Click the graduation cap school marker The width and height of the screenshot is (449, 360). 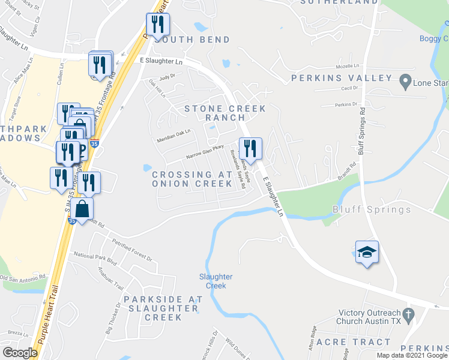367,253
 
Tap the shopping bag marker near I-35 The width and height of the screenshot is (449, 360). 84,210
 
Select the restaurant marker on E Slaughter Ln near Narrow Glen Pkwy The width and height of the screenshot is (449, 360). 250,149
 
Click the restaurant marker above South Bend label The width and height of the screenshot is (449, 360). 158,25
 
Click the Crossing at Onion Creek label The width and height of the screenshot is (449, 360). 191,178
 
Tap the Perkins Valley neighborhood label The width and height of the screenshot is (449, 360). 342,79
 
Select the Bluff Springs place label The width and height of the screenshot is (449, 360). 372,209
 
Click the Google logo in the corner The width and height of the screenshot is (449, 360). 20,353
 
